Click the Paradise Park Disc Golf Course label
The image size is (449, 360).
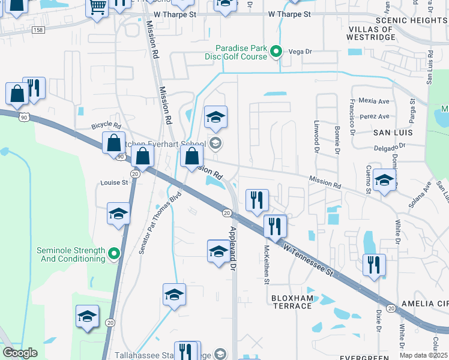click(241, 52)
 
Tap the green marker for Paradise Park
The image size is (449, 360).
click(276, 52)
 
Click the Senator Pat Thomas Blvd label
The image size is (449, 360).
click(160, 223)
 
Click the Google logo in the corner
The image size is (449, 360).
click(20, 353)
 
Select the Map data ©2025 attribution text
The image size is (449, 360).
click(423, 355)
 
